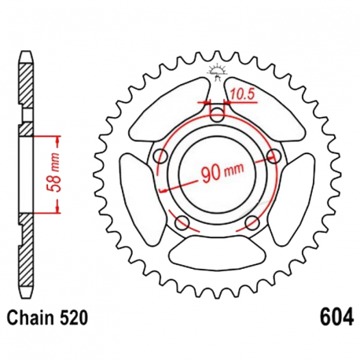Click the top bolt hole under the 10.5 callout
[x=218, y=116]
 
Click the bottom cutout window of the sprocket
[x=218, y=252]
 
